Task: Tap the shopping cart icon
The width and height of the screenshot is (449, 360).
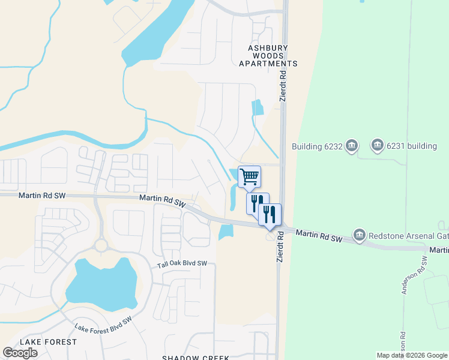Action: point(249,176)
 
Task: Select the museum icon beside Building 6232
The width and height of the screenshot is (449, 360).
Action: point(352,146)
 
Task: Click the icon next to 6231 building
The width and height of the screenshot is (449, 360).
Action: point(377,145)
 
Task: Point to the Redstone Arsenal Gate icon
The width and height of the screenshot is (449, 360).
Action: point(359,234)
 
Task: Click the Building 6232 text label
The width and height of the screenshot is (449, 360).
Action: point(318,146)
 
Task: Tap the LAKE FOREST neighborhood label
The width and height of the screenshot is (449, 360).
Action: point(48,341)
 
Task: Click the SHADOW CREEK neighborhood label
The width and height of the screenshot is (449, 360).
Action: point(195,358)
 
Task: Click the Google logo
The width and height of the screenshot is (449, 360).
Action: point(20,353)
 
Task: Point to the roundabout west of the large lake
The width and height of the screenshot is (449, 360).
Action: point(100,245)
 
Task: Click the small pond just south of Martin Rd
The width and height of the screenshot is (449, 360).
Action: point(226,232)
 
